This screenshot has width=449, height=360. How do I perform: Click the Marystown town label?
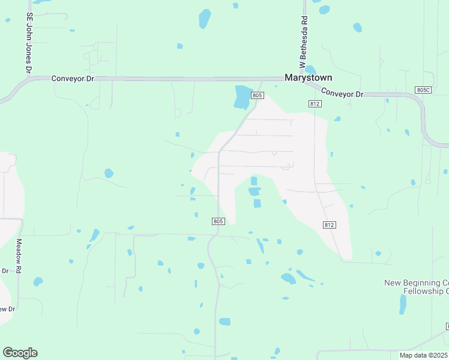coord(308,77)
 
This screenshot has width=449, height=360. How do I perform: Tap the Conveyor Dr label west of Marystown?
coord(73,78)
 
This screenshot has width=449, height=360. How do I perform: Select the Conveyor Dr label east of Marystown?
coord(343,93)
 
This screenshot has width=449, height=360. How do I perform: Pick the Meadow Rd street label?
coord(19,256)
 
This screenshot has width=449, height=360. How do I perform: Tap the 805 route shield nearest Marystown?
coord(258,95)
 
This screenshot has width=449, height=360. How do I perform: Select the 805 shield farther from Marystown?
coord(218,221)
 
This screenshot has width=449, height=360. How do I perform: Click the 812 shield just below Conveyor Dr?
coord(315,104)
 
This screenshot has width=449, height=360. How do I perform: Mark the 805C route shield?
coord(423,90)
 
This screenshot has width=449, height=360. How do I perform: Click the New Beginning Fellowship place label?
coord(417,287)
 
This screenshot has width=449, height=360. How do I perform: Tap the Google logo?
coord(20,353)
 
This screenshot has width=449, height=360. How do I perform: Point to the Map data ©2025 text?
coord(423,355)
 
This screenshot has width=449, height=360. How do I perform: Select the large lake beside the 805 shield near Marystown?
coord(243,97)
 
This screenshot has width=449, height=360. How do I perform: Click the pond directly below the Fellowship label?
coord(403,304)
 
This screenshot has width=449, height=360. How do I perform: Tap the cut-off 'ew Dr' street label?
coord(7,309)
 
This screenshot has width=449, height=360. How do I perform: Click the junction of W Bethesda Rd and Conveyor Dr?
coord(305,79)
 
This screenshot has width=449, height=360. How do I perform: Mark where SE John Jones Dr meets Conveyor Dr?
coord(29,78)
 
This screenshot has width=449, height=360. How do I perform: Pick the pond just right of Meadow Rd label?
coord(38,281)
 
